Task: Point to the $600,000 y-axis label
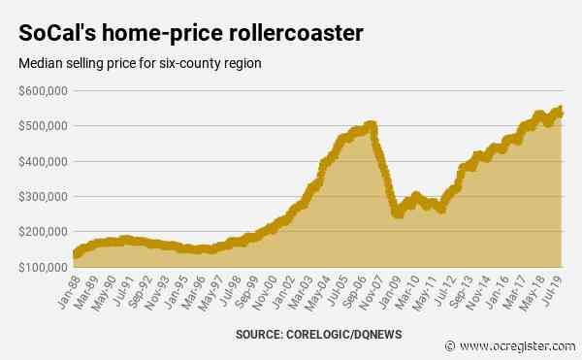[42, 91]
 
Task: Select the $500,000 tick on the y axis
[42, 126]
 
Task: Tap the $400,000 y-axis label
[42, 161]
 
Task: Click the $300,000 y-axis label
[42, 196]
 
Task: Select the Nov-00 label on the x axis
[263, 289]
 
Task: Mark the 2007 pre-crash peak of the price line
[370, 124]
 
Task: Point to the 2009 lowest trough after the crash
[397, 213]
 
